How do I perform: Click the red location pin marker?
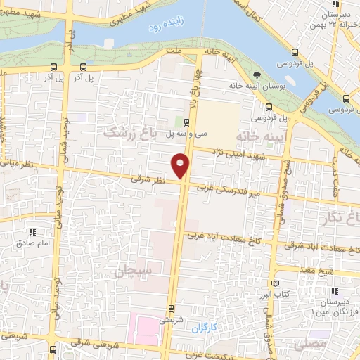(181, 166)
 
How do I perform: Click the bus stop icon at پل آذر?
(53, 68)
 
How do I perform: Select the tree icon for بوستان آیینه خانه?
(256, 74)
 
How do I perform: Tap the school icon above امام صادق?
(32, 231)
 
